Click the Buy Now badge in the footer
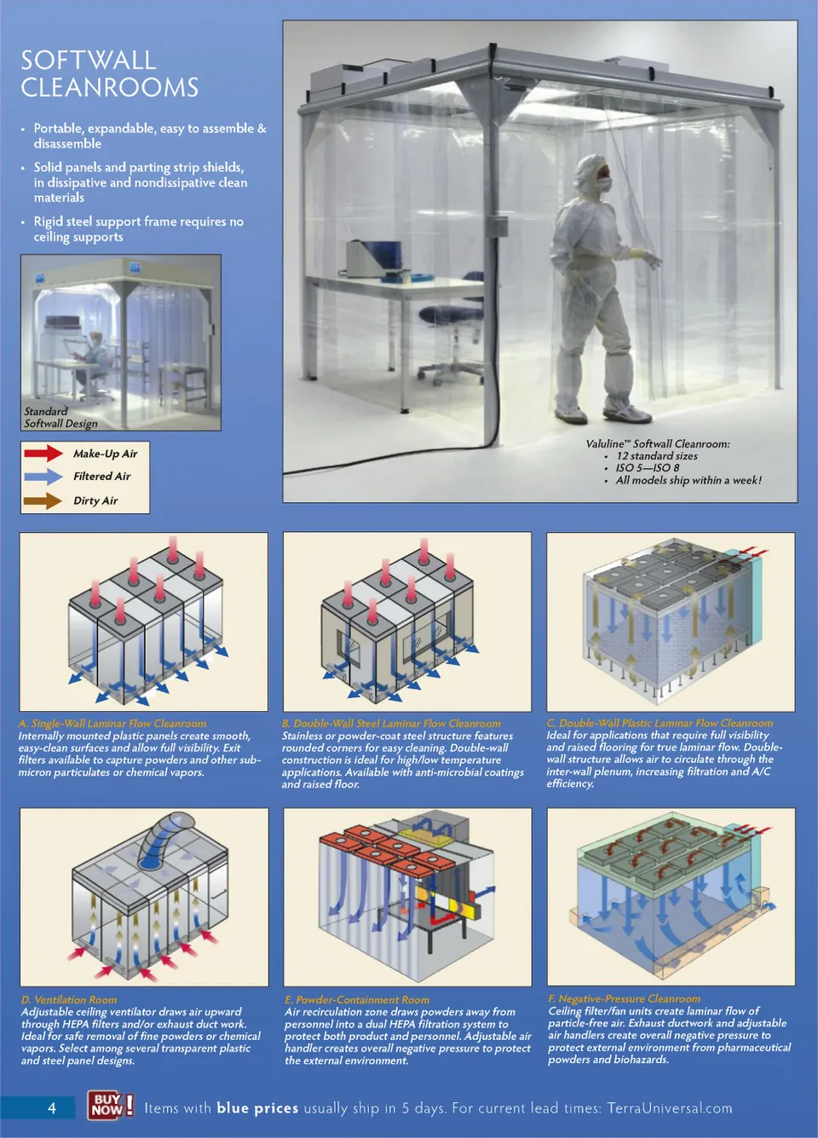click(x=111, y=1104)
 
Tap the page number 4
click(x=52, y=1107)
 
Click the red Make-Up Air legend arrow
click(x=43, y=453)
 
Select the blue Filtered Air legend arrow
click(x=43, y=476)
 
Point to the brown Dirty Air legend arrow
click(x=43, y=500)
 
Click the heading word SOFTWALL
click(x=88, y=61)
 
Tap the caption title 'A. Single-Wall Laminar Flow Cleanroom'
click(x=112, y=723)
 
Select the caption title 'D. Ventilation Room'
click(x=69, y=999)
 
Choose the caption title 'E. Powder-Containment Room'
click(x=357, y=999)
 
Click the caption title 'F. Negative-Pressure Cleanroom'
click(x=624, y=998)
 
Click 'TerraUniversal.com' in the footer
click(x=670, y=1107)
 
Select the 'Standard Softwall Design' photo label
click(x=60, y=417)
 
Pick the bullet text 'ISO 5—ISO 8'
click(x=648, y=467)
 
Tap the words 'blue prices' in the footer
click(x=257, y=1108)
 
